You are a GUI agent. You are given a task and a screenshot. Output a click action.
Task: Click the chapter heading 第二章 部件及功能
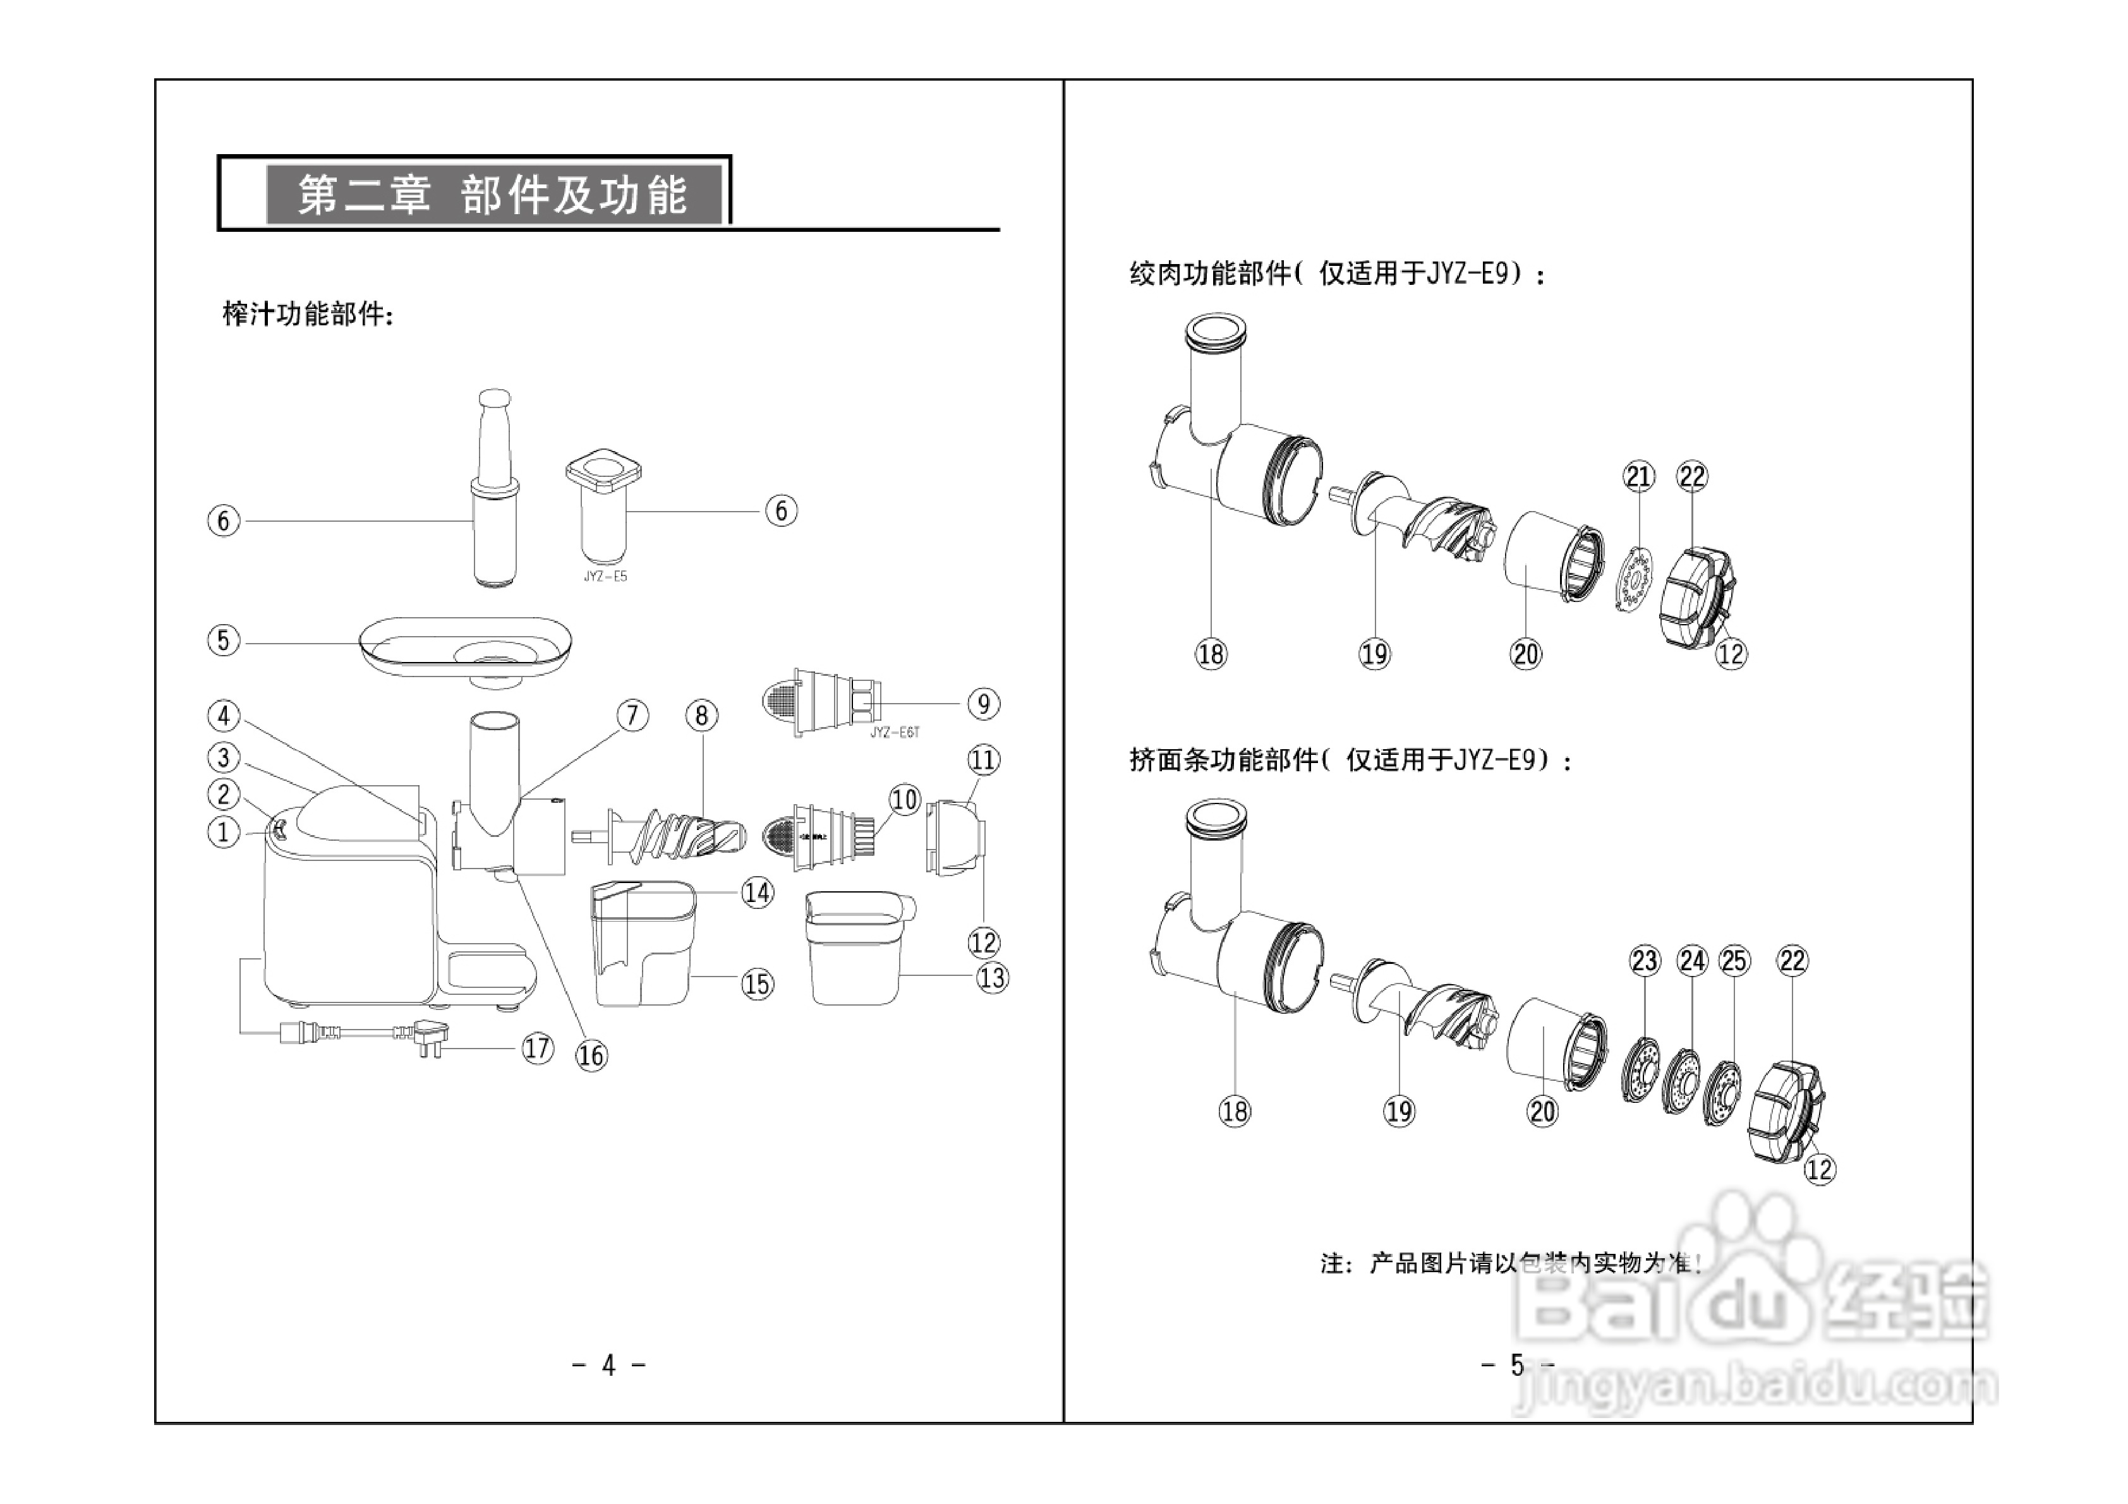492,195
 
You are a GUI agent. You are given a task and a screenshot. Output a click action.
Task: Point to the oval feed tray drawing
465,647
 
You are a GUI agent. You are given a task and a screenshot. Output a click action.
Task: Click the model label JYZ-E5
605,576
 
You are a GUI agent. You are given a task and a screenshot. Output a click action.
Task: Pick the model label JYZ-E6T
895,732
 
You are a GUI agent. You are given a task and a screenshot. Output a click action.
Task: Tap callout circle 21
1638,476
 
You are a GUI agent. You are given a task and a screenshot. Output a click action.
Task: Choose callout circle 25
1734,961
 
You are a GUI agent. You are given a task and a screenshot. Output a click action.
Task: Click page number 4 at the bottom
609,1365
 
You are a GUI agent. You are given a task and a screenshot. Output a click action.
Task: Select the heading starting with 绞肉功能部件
1336,274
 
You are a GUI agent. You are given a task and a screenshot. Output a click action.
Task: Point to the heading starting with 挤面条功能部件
1350,761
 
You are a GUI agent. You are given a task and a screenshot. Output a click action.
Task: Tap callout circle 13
992,978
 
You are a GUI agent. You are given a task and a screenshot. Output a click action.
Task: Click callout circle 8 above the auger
701,716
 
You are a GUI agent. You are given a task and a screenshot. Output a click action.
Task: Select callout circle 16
591,1056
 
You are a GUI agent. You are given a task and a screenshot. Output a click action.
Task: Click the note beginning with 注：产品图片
1511,1263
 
